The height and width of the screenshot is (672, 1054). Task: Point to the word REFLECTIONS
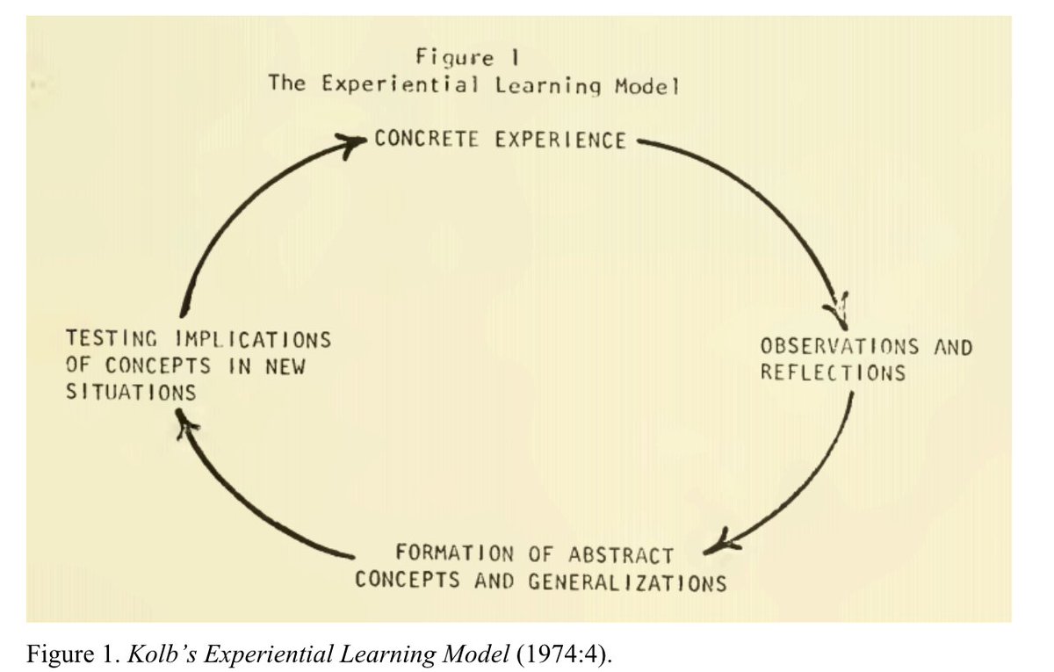[x=833, y=372]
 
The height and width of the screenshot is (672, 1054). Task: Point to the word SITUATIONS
[x=131, y=392]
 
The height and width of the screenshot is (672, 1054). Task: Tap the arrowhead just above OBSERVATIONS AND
[x=837, y=306]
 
